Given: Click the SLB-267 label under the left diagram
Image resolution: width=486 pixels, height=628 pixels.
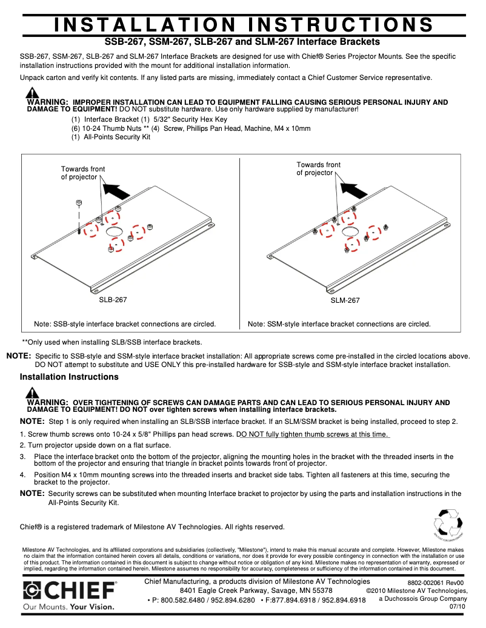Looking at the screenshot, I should (113, 300).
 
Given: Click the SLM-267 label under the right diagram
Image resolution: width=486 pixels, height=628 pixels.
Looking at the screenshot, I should (345, 300).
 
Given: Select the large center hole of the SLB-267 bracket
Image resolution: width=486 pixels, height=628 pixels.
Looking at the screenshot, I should (113, 231).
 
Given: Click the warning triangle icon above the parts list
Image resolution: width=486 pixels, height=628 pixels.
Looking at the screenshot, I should (32, 93).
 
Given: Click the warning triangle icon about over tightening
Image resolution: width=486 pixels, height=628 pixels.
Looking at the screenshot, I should (32, 395).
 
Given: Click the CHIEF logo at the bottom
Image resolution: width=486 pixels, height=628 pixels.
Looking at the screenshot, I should (70, 591).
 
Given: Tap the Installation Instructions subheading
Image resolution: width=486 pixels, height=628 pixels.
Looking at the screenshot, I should (69, 377).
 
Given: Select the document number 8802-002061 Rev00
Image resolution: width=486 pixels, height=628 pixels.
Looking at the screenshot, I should (435, 583).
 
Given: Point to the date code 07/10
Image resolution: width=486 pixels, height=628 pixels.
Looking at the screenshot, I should (458, 606).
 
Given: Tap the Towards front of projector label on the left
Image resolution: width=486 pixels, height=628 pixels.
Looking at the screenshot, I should (82, 173).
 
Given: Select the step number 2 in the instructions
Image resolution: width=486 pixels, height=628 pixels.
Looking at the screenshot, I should (22, 445).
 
